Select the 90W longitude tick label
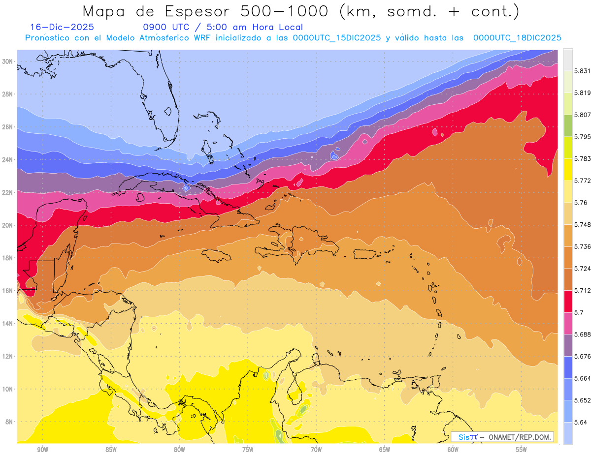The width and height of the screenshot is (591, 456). click(x=42, y=450)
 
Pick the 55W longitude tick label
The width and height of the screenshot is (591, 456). click(x=522, y=450)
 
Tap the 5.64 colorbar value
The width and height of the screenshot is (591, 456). click(x=578, y=422)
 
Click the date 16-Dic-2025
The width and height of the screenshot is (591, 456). click(x=62, y=27)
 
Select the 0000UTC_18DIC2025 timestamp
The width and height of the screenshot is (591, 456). click(x=517, y=37)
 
